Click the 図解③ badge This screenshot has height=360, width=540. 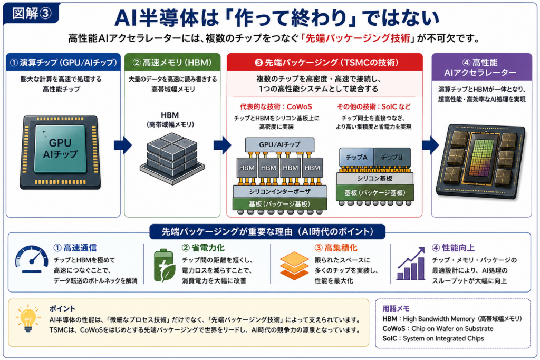click(x=31, y=13)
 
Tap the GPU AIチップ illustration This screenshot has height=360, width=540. click(x=60, y=152)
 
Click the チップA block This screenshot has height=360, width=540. click(x=356, y=157)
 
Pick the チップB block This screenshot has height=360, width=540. click(x=392, y=157)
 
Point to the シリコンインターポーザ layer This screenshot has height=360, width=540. click(x=279, y=192)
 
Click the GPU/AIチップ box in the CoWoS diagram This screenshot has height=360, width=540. click(x=279, y=144)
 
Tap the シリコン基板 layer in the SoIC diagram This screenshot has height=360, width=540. click(x=375, y=178)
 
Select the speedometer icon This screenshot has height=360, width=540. click(x=32, y=259)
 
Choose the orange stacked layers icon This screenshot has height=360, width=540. click(x=294, y=265)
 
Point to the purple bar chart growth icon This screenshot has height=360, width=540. click(x=411, y=264)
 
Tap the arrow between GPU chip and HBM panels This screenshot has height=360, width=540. click(x=123, y=145)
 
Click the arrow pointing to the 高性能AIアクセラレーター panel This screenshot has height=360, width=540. click(x=430, y=145)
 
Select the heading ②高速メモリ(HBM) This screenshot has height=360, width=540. click(x=172, y=62)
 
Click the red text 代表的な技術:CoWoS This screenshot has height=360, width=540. click(x=276, y=106)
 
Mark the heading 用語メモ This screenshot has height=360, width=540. click(x=396, y=308)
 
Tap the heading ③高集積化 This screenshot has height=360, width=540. click(x=336, y=248)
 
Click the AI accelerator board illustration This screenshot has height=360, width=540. click(x=481, y=161)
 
